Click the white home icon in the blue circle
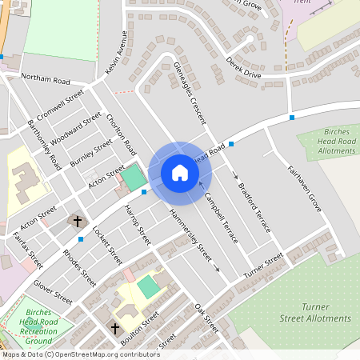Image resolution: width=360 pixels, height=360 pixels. [x=179, y=173]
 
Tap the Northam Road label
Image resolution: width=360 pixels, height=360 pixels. [x=46, y=81]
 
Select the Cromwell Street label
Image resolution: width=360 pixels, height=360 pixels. [x=60, y=105]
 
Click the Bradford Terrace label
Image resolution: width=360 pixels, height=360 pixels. [x=255, y=207]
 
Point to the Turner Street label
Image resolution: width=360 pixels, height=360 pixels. [x=264, y=264]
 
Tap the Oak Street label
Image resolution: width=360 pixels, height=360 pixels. [x=206, y=318]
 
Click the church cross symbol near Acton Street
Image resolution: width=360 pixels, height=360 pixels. [x=78, y=220]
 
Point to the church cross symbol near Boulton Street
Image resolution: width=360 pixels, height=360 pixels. [x=114, y=328]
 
